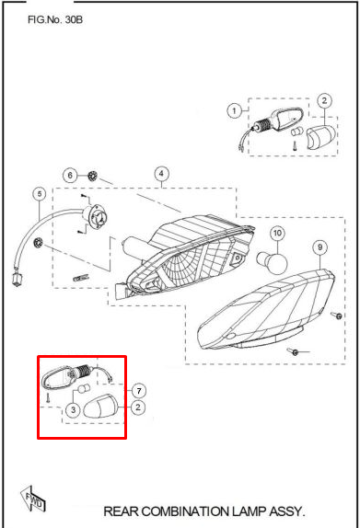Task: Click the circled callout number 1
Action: (x=234, y=110)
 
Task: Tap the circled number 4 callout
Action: (x=161, y=174)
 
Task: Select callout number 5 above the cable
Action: (x=40, y=194)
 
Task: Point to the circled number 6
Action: (x=70, y=176)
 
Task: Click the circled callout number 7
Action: (x=139, y=391)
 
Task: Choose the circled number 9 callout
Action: (x=319, y=247)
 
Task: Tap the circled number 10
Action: (x=277, y=233)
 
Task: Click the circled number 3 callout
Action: (x=73, y=410)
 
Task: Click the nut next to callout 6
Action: (x=92, y=176)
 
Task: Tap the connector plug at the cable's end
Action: (x=17, y=279)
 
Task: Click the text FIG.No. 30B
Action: (x=55, y=20)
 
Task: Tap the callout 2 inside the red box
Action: (x=138, y=407)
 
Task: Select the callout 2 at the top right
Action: (x=324, y=100)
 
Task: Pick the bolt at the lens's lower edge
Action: (x=294, y=352)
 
